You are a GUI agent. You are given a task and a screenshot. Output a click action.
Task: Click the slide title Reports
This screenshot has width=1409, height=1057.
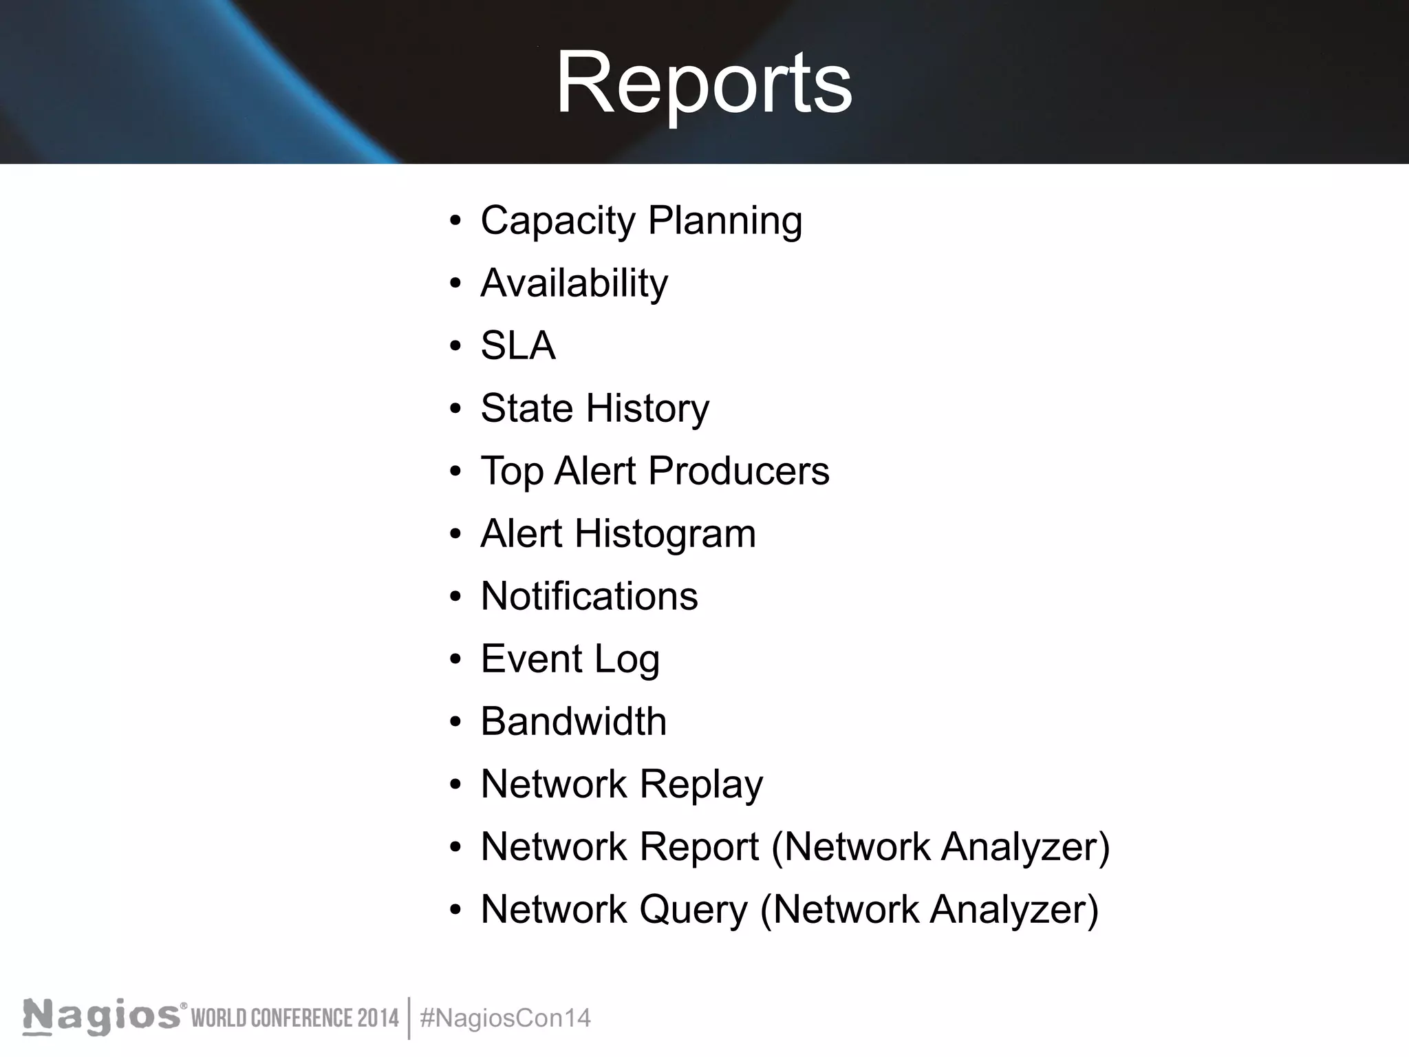(x=703, y=84)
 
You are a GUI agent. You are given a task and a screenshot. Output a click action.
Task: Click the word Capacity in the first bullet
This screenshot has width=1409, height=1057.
(x=558, y=222)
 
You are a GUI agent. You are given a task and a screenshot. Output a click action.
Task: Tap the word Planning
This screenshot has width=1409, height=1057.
(x=724, y=222)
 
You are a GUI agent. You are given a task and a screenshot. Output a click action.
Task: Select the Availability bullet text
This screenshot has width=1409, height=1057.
(x=574, y=284)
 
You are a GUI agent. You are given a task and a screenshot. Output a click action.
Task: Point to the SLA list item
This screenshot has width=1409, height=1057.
(x=517, y=345)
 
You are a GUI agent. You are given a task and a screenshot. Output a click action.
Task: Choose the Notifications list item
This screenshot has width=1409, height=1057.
(x=589, y=596)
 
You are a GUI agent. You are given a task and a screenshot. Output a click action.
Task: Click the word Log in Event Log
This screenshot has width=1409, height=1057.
(x=627, y=659)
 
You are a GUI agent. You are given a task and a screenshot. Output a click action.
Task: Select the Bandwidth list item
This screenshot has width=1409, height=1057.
(x=573, y=721)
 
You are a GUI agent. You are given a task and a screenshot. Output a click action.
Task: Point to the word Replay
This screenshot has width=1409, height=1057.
(x=701, y=784)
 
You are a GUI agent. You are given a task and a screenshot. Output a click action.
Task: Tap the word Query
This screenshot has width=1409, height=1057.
(x=693, y=910)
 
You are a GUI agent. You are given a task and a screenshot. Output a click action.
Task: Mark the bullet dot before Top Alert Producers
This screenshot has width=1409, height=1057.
(x=455, y=472)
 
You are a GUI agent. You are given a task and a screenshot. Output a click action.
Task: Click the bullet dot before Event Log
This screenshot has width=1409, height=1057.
(x=455, y=660)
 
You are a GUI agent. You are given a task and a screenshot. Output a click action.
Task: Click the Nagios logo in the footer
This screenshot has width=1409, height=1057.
(x=102, y=1018)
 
